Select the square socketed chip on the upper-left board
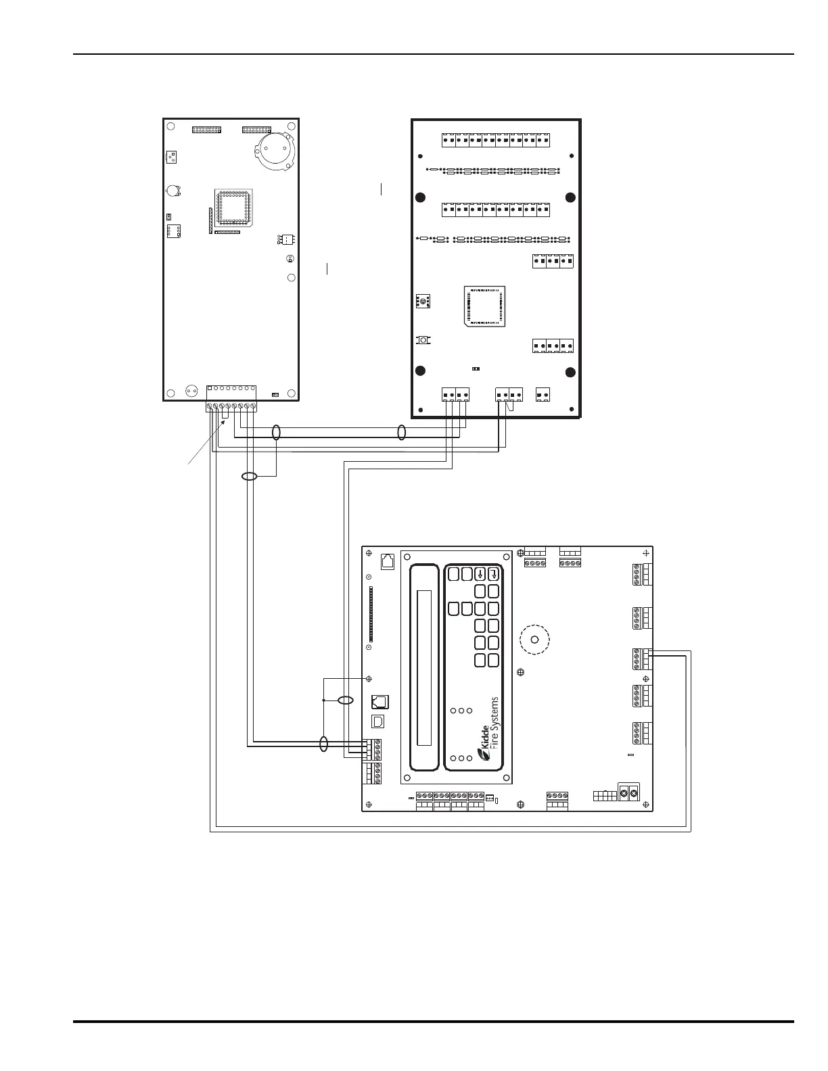(x=233, y=208)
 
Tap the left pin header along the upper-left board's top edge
(x=206, y=130)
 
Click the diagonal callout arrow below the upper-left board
(x=206, y=442)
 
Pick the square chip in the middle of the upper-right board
(x=484, y=306)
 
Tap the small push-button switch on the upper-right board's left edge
(x=423, y=340)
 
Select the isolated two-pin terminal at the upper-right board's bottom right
(x=543, y=394)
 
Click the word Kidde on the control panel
(x=485, y=737)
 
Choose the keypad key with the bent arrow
(x=494, y=574)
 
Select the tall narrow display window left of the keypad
(x=424, y=668)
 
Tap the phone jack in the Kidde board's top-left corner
(x=388, y=562)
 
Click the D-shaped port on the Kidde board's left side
(x=377, y=721)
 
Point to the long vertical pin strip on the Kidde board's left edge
(x=371, y=614)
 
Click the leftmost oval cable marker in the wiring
(x=250, y=476)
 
